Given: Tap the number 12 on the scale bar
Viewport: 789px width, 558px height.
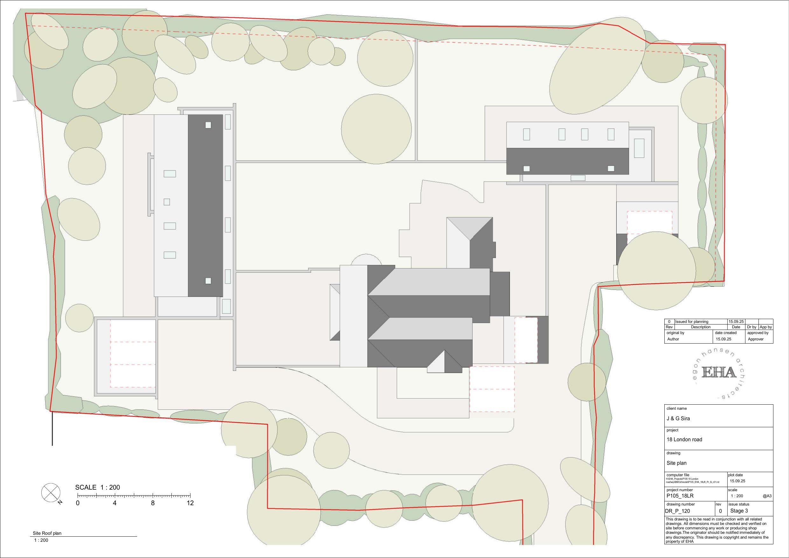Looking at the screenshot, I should click(190, 503).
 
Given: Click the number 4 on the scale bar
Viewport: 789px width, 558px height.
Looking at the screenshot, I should click(114, 503).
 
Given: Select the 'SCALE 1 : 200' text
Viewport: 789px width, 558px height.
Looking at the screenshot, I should click(98, 487).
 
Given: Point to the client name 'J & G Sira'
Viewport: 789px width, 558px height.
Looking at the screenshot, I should click(678, 418).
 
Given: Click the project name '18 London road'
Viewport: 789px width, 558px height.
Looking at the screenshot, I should click(684, 439).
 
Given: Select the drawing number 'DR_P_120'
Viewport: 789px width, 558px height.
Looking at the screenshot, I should click(677, 511).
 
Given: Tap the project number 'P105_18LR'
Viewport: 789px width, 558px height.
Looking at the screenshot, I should click(680, 496).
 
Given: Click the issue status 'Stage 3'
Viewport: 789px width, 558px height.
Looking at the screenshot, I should click(739, 511).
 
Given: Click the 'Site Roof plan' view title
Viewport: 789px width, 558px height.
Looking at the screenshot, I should click(47, 533).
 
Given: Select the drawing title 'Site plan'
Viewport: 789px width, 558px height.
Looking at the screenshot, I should click(676, 463).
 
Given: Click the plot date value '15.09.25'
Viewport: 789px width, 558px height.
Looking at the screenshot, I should click(737, 481).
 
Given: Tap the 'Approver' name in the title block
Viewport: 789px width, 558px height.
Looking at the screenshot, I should click(756, 339).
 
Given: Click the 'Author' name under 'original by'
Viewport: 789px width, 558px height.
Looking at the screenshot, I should click(673, 339).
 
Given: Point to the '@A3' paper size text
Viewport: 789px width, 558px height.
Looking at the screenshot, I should click(767, 496).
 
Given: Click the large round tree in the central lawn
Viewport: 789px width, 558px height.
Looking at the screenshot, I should click(376, 129).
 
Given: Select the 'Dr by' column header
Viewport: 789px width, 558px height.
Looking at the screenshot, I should click(751, 327).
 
